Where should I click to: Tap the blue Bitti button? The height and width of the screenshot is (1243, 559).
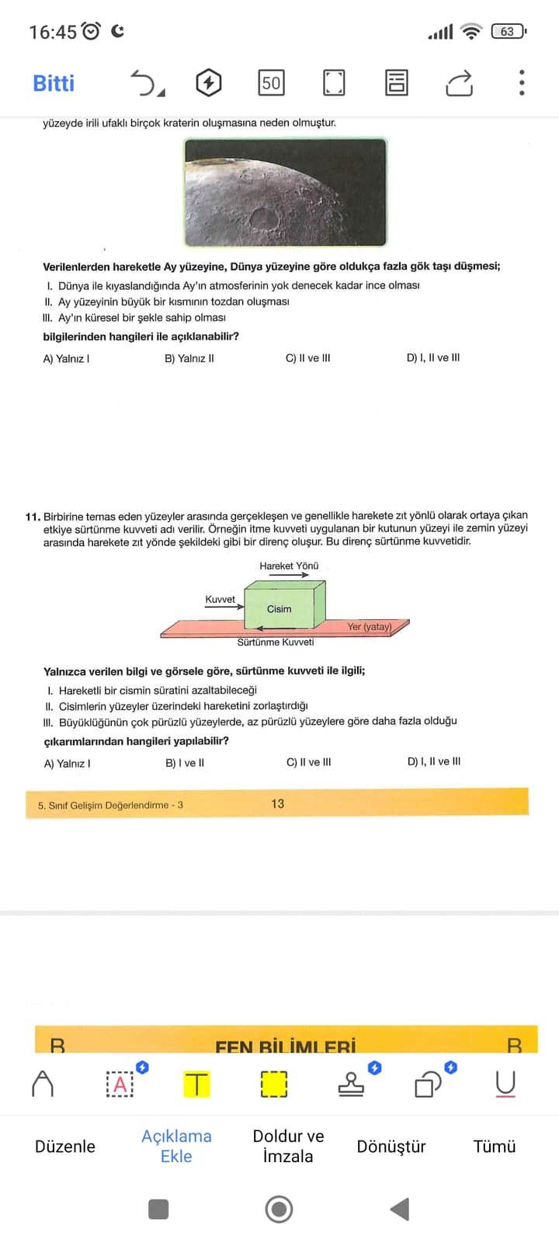pyautogui.click(x=54, y=83)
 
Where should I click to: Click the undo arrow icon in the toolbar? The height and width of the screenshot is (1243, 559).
pyautogui.click(x=144, y=82)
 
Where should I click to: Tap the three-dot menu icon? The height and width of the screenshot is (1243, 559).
pyautogui.click(x=522, y=82)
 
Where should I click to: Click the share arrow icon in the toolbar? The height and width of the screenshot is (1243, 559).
pyautogui.click(x=459, y=82)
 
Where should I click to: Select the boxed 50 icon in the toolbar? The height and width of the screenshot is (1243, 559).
pyautogui.click(x=271, y=82)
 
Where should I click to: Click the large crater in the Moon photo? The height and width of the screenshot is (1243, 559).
pyautogui.click(x=262, y=217)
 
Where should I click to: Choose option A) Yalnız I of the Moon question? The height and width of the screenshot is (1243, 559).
pyautogui.click(x=66, y=359)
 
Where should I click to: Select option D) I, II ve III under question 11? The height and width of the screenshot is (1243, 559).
pyautogui.click(x=433, y=761)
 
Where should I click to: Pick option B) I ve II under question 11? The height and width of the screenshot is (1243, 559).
pyautogui.click(x=185, y=763)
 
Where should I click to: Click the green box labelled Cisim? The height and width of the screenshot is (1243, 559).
pyautogui.click(x=279, y=608)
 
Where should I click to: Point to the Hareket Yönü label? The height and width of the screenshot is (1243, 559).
pyautogui.click(x=289, y=566)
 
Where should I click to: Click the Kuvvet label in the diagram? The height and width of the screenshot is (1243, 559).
pyautogui.click(x=220, y=599)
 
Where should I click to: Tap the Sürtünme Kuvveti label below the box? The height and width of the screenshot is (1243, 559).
pyautogui.click(x=276, y=642)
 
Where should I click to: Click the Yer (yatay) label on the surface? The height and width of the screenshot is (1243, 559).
pyautogui.click(x=369, y=626)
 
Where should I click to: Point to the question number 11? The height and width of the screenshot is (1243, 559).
pyautogui.click(x=33, y=516)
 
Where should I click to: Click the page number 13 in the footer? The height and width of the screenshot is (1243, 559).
pyautogui.click(x=277, y=803)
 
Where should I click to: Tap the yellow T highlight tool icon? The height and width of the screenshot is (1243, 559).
pyautogui.click(x=196, y=1083)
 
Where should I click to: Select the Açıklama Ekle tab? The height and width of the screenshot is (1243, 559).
pyautogui.click(x=176, y=1146)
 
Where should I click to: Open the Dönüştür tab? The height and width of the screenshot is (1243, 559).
pyautogui.click(x=391, y=1147)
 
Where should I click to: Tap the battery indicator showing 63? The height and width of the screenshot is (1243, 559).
pyautogui.click(x=508, y=32)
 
